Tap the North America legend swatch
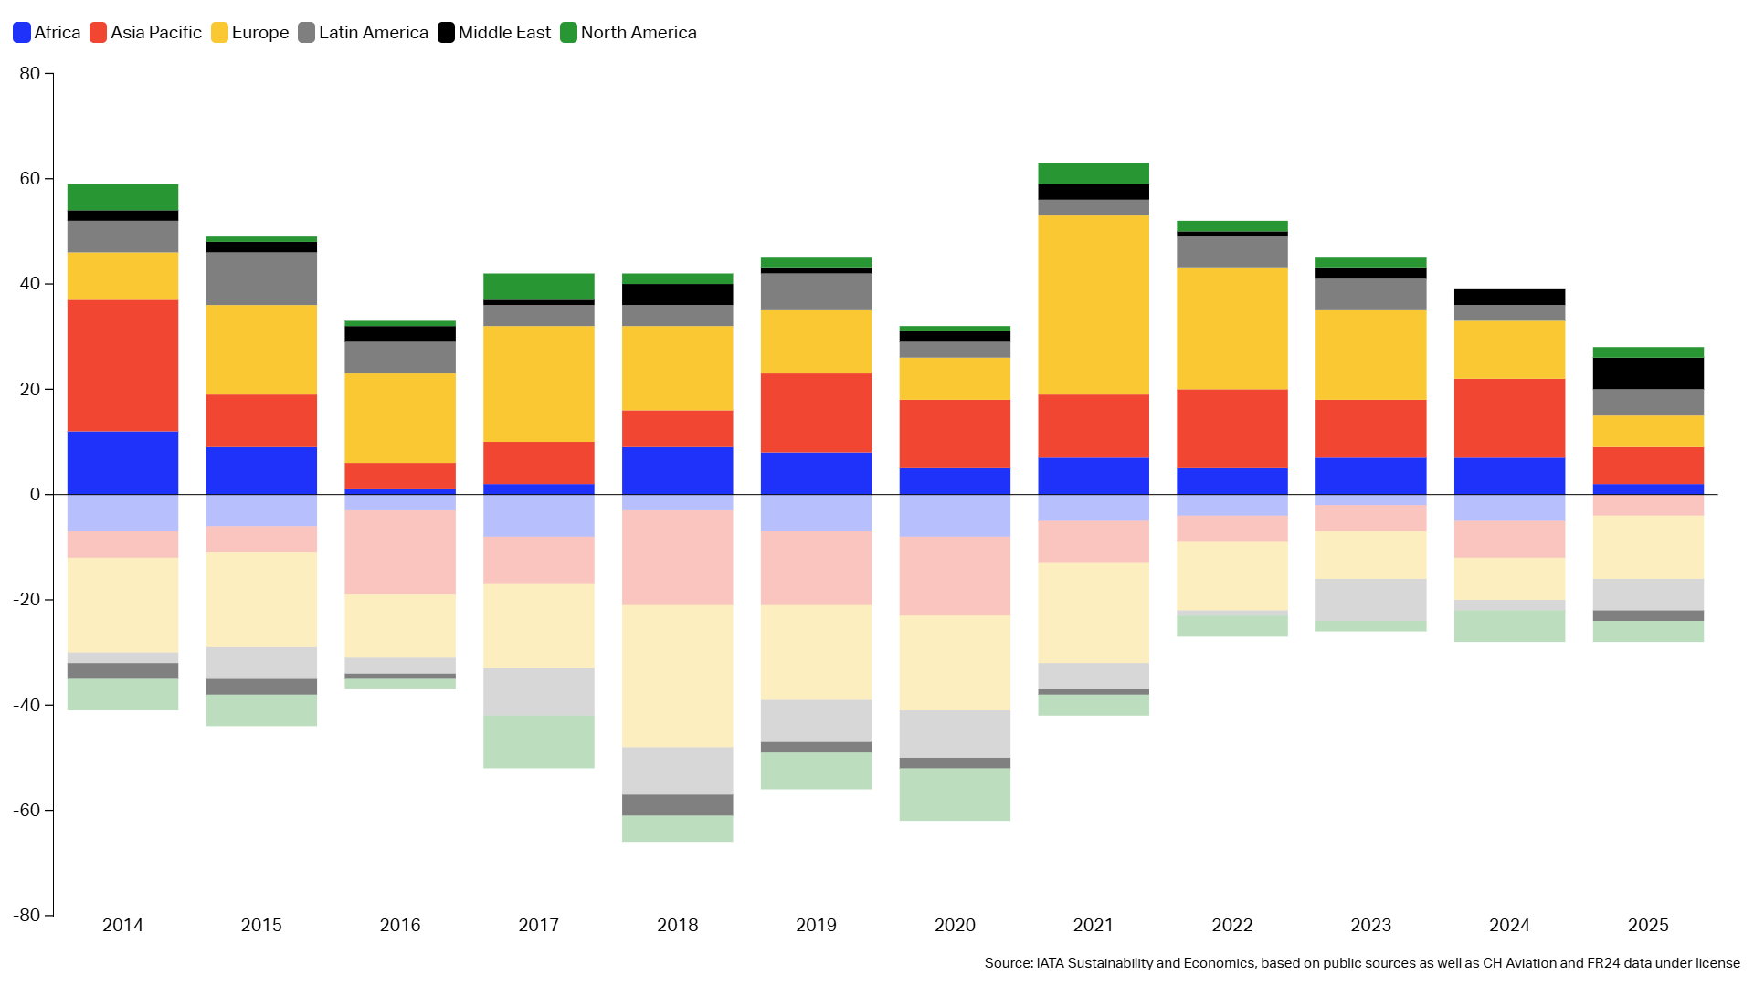(568, 33)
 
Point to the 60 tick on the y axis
(30, 179)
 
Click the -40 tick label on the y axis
(26, 705)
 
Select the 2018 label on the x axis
(677, 925)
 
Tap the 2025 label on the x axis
(1648, 925)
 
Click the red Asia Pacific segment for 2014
(122, 365)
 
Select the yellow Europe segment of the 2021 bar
(1094, 305)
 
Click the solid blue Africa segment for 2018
(677, 470)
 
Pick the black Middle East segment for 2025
(1648, 373)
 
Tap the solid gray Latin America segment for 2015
(261, 278)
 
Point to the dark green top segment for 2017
(539, 287)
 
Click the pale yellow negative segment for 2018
(677, 676)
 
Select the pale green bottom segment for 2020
(955, 794)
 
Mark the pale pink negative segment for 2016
(400, 552)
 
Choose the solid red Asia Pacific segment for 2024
(1509, 418)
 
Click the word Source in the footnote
(1008, 963)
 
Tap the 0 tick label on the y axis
(36, 495)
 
